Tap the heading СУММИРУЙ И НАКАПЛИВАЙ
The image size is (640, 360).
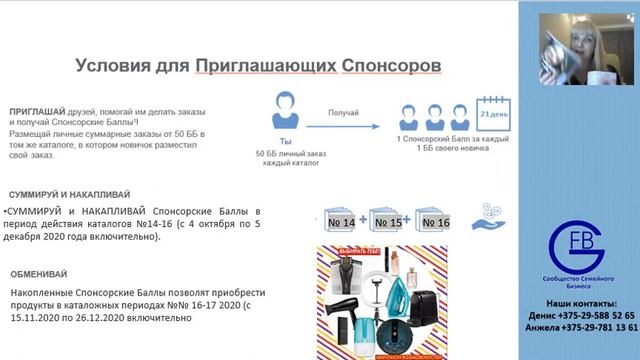pos(69,194)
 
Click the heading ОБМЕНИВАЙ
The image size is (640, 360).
pos(41,273)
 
